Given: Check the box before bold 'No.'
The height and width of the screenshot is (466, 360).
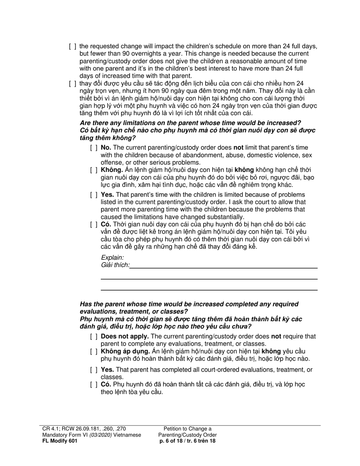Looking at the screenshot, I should (x=94, y=148).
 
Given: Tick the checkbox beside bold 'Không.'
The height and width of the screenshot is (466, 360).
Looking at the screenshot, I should (x=94, y=170).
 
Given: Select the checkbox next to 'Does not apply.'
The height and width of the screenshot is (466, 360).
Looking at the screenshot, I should (x=94, y=336).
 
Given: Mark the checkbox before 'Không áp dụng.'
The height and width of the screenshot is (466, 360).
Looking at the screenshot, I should (x=94, y=352).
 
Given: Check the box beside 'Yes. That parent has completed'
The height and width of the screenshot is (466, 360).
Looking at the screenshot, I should (x=94, y=370).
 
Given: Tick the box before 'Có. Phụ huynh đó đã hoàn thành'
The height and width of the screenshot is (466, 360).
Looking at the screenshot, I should (x=94, y=385).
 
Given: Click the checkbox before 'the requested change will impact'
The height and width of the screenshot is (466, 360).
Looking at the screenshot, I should (x=72, y=47).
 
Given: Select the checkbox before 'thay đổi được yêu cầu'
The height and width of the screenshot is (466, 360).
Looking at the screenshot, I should (x=72, y=83).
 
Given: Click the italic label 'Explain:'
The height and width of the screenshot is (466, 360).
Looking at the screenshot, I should (x=112, y=258).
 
